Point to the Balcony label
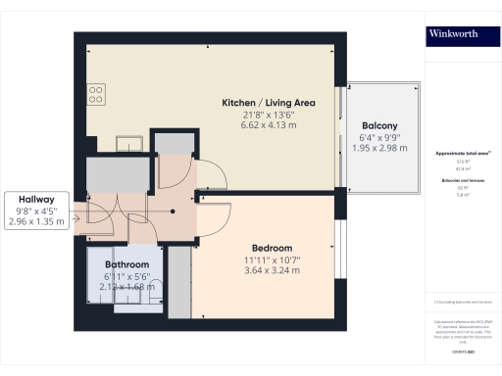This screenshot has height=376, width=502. tap(379, 125)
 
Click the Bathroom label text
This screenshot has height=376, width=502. tap(127, 264)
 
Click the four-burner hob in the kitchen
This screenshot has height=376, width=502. tap(96, 94)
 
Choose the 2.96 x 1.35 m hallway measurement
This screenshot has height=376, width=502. tap(35, 221)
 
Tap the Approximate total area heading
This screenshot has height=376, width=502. tap(455, 154)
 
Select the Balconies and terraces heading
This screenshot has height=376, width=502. tap(455, 180)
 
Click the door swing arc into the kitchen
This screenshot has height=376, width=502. tap(218, 176)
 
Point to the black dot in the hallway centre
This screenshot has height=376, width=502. tap(175, 210)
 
